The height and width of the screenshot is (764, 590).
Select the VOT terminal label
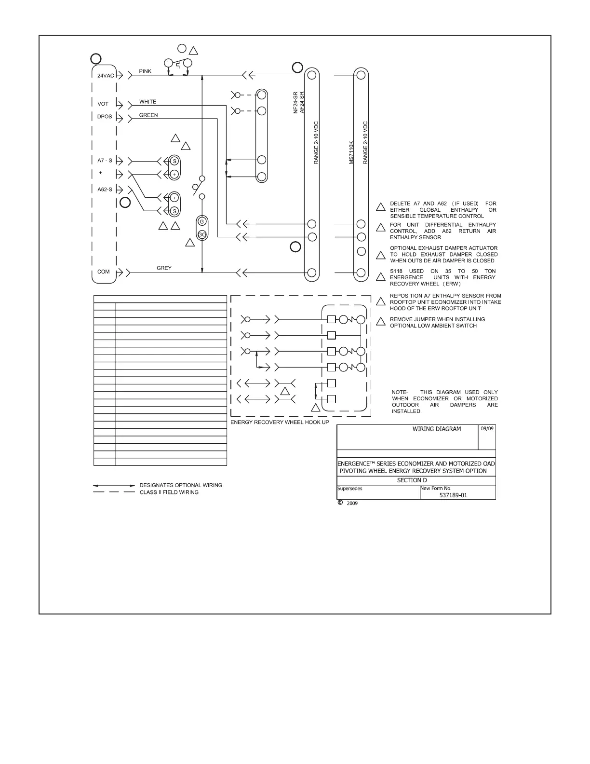point(103,104)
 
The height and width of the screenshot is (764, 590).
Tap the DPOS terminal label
point(105,117)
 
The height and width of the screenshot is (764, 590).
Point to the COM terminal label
point(104,272)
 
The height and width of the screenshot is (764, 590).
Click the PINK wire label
point(145,71)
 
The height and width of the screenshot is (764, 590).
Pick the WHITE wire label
point(147,102)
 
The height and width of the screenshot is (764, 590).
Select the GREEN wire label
point(148,115)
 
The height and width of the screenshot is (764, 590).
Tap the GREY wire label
point(164,268)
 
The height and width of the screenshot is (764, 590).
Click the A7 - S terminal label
point(104,161)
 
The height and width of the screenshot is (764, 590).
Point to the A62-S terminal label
point(105,190)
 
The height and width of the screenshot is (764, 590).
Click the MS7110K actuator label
point(351,152)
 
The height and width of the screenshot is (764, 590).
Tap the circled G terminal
point(202,221)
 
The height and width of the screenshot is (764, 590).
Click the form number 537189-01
point(453,495)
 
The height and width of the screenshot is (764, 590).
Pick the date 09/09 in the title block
point(487,429)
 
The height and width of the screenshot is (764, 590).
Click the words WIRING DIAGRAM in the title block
point(436,429)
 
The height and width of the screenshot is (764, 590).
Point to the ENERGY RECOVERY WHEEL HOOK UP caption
point(280,422)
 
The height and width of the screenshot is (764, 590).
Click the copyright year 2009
point(352,503)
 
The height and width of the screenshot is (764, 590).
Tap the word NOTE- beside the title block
point(400,392)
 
